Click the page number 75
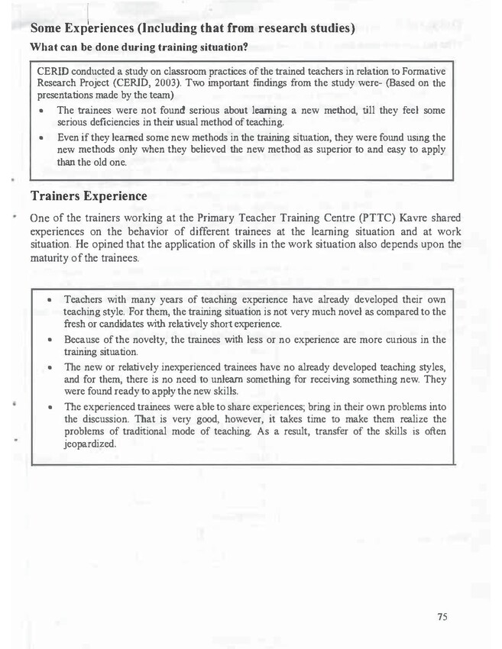[x=442, y=617]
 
